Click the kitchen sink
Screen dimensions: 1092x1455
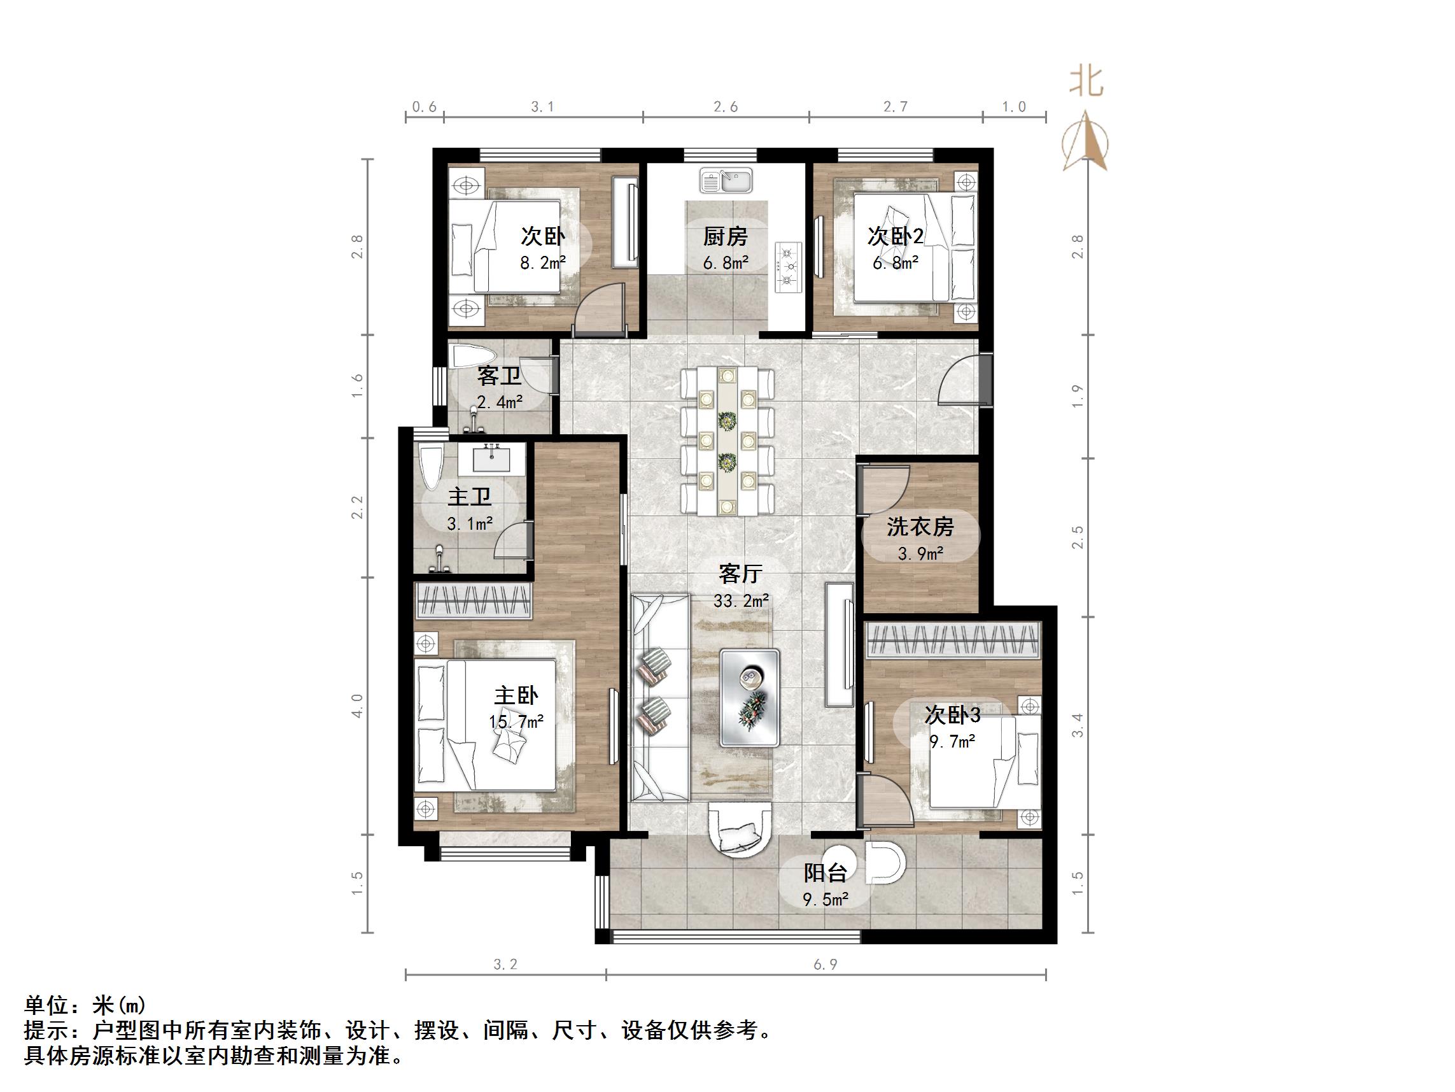click(x=726, y=180)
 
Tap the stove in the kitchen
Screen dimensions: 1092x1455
click(x=789, y=267)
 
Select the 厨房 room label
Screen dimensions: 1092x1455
click(x=726, y=236)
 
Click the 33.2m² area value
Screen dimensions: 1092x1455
click(x=741, y=600)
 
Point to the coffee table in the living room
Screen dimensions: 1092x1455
click(x=750, y=697)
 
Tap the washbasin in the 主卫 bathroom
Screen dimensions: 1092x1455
click(x=491, y=457)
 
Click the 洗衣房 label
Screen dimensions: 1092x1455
click(x=920, y=526)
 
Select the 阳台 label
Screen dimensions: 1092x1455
click(x=825, y=873)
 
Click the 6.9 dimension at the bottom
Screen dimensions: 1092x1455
click(x=826, y=964)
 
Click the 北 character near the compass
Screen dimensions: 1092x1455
click(x=1086, y=83)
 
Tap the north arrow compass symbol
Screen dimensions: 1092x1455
click(x=1085, y=141)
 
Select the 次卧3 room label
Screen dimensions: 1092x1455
click(x=952, y=714)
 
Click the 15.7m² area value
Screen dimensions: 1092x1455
click(x=516, y=722)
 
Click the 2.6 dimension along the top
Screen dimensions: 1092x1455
click(x=726, y=106)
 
